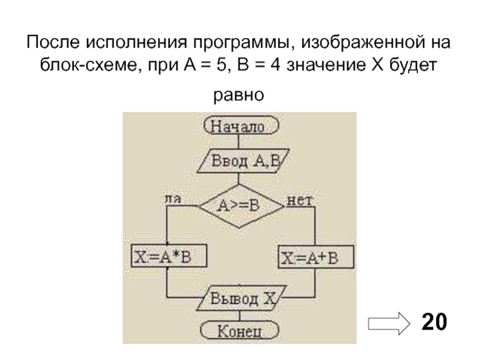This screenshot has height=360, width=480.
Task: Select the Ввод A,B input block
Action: click(241, 161)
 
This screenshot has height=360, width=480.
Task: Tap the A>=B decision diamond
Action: click(241, 205)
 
